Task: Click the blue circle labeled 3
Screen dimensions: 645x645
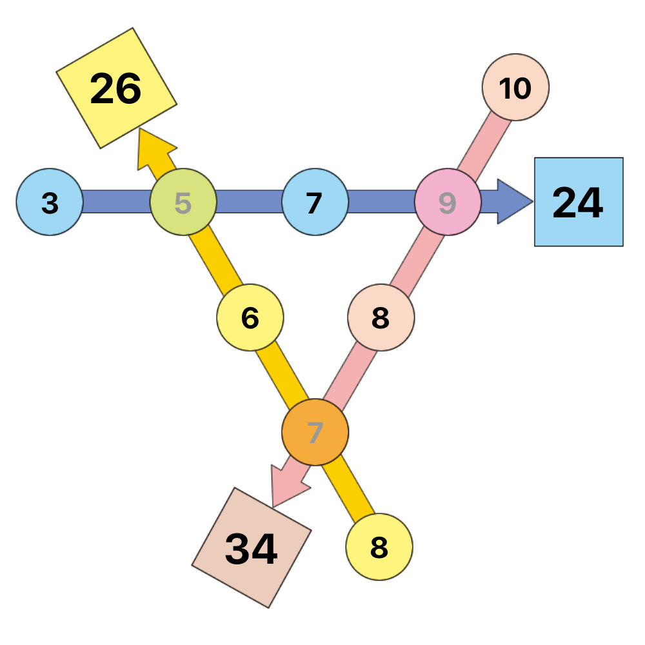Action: tap(50, 202)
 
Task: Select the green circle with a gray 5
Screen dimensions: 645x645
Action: tap(183, 202)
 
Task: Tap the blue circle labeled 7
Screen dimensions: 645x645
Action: tap(315, 202)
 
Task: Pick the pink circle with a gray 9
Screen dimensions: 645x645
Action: tap(448, 202)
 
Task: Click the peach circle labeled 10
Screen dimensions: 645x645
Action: tap(515, 87)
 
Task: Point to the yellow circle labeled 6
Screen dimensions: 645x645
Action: tap(250, 317)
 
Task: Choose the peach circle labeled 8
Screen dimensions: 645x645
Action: tap(381, 317)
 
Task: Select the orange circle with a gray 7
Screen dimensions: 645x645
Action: tap(315, 432)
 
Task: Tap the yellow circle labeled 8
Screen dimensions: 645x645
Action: tap(379, 547)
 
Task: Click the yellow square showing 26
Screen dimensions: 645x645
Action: tap(116, 88)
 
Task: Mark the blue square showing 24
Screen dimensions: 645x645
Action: tap(579, 202)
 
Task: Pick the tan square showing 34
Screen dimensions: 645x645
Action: tap(252, 548)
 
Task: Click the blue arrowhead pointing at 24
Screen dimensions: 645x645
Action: tap(515, 201)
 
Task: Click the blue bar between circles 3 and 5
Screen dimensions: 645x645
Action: tap(117, 201)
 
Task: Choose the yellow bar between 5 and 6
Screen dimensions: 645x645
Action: tap(215, 261)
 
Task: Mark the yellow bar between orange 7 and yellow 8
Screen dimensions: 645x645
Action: tap(349, 489)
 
